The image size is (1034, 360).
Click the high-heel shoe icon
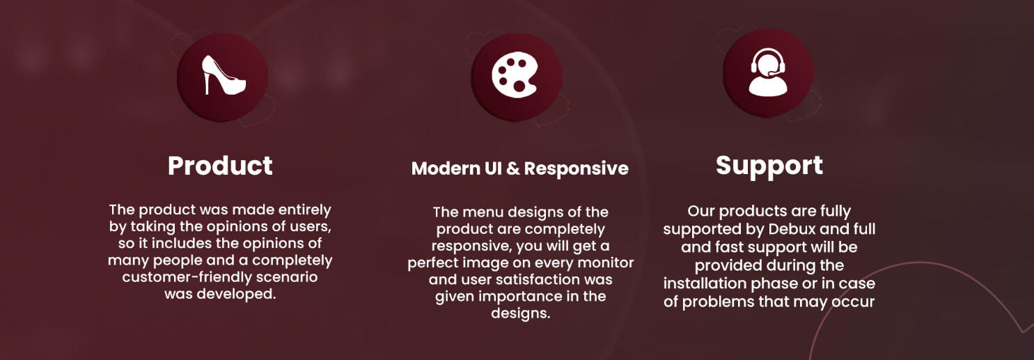coord(224,75)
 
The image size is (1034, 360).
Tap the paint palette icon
coord(515,75)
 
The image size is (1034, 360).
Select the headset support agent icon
coord(767,72)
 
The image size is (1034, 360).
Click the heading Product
coord(220,166)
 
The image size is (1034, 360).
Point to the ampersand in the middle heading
coord(512,169)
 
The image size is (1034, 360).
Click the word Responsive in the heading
coord(576,169)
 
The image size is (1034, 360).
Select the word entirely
coord(305,210)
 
